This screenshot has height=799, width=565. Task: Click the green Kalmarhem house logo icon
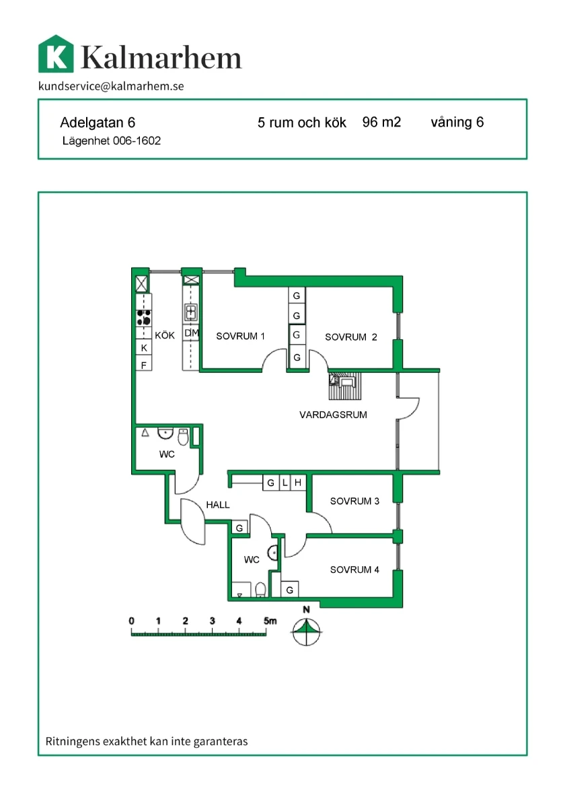[56, 54]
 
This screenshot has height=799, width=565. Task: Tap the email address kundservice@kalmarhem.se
[111, 86]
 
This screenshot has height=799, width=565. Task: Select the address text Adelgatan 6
[98, 123]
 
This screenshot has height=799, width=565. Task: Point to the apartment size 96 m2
[381, 123]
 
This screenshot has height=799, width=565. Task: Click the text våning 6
[457, 123]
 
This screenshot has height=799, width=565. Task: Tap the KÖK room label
[164, 335]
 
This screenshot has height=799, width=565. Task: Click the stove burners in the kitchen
[143, 318]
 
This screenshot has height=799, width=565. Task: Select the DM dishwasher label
[192, 333]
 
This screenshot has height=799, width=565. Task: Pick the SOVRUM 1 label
[240, 337]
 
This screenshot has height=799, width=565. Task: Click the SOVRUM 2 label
[350, 337]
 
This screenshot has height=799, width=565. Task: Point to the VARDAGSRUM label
[333, 415]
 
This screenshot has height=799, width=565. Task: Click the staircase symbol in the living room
[344, 386]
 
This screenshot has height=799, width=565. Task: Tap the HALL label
[218, 505]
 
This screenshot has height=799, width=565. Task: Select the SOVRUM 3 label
[354, 501]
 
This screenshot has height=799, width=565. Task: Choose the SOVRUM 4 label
[354, 569]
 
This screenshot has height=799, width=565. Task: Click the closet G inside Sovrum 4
[290, 590]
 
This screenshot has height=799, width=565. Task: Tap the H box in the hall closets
[298, 483]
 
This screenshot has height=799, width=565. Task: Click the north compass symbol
[306, 631]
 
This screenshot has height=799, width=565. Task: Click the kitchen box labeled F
[143, 364]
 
